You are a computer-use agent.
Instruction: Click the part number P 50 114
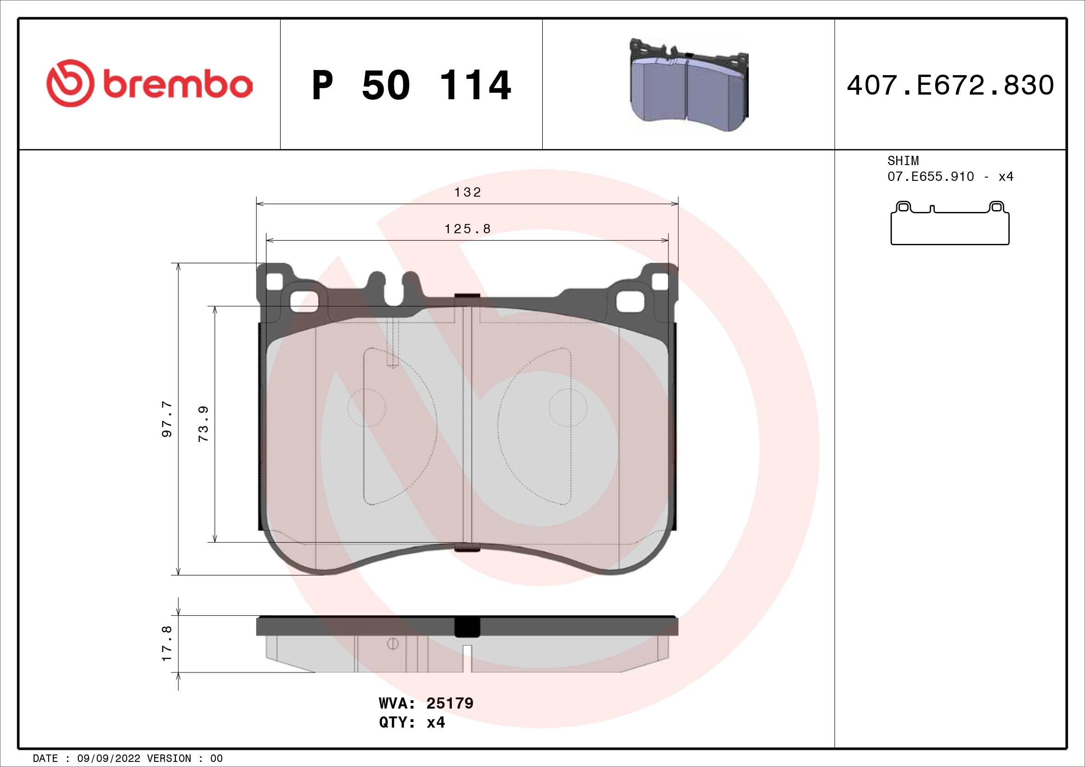411,85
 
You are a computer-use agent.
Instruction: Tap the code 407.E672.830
950,85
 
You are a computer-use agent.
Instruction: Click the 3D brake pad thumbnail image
689,85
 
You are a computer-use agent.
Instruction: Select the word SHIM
903,160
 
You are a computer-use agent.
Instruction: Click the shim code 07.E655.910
930,177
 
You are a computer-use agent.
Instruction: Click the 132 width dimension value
468,192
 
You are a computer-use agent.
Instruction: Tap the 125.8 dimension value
468,229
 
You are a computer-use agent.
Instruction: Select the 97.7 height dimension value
167,419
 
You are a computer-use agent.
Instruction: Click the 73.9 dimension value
203,424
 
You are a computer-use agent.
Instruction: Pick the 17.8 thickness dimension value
167,644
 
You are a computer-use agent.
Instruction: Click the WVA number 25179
449,703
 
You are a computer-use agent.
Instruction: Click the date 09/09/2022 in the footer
108,759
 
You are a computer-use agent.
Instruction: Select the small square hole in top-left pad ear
275,282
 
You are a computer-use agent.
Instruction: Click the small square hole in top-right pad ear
660,282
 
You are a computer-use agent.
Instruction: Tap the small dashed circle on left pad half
366,408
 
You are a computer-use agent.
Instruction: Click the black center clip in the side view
467,627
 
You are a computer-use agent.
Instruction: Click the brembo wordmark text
177,85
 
